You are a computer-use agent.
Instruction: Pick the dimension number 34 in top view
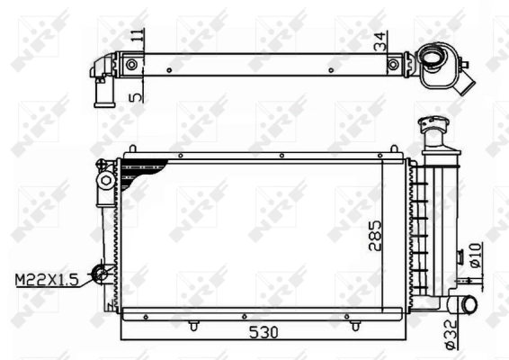[381, 41]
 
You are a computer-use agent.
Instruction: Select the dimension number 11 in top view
[137, 38]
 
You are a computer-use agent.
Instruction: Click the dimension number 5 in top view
[136, 94]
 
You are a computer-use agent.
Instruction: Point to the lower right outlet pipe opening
[469, 306]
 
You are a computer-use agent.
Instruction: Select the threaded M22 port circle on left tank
[104, 273]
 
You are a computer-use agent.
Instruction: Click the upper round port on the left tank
[105, 181]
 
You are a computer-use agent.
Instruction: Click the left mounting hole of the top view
[132, 64]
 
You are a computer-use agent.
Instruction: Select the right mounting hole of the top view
[394, 64]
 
